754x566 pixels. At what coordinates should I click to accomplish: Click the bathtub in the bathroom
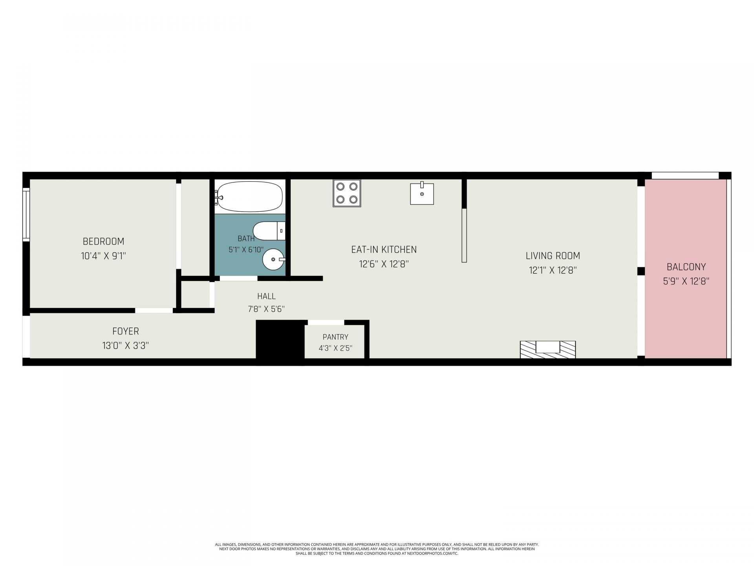coord(250,196)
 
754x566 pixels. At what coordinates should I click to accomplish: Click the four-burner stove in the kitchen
coord(347,193)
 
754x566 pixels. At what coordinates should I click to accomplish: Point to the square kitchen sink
coord(422,193)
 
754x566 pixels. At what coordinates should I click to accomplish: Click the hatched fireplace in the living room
coord(548,349)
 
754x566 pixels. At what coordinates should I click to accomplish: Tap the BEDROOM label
coord(103,241)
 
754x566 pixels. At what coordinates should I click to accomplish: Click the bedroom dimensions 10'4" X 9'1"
coord(103,256)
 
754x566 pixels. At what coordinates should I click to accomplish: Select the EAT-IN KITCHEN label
coord(384,250)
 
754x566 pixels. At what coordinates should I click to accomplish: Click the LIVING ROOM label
coord(553,256)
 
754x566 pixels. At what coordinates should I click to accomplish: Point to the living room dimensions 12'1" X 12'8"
coord(553,270)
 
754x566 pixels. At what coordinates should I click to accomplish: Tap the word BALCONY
coord(686,267)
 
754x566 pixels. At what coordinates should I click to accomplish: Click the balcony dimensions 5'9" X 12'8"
coord(686,281)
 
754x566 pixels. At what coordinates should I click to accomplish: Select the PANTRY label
coord(335,337)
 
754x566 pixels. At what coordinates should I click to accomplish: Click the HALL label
coord(266,296)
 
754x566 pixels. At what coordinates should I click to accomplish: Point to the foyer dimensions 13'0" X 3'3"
coord(126,346)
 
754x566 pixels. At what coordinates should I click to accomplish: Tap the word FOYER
coord(126,331)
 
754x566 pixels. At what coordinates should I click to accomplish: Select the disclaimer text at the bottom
coord(377,549)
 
